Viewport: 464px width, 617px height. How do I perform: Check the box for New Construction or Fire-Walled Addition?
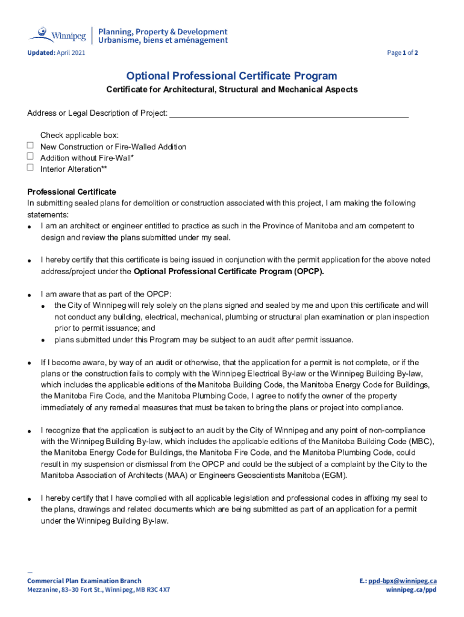pos(30,146)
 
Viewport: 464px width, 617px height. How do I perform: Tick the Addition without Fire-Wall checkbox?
pos(30,157)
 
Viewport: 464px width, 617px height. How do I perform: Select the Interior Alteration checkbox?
pos(30,168)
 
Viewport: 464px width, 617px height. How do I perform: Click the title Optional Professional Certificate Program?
pos(231,76)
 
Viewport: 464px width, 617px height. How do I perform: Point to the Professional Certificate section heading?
pos(72,192)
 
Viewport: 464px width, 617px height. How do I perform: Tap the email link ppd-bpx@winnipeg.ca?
pos(403,581)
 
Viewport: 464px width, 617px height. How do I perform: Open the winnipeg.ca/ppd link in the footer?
pos(412,590)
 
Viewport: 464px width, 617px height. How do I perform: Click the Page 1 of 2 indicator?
pos(403,53)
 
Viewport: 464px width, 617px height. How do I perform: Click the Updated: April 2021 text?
pos(56,53)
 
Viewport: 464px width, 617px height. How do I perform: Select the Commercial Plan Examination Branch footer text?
pos(84,581)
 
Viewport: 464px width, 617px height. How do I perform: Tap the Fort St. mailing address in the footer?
pos(98,590)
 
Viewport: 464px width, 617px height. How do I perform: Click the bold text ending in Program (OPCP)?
pos(228,271)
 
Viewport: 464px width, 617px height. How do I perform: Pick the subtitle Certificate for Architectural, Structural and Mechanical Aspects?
pos(232,90)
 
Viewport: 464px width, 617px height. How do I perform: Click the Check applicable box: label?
pos(79,135)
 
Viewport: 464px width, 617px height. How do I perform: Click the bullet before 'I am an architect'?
pos(30,227)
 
